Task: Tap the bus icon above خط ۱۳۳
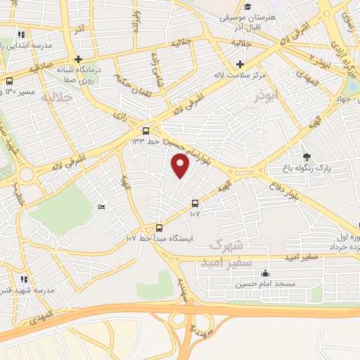(x=146, y=131)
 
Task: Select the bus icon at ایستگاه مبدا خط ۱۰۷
(x=159, y=228)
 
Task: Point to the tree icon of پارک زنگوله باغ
(x=306, y=157)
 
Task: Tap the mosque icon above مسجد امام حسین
(x=264, y=274)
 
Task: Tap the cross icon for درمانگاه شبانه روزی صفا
(x=79, y=59)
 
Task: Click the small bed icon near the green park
(x=101, y=207)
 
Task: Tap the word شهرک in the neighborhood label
(x=226, y=246)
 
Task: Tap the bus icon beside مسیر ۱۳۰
(x=8, y=82)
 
